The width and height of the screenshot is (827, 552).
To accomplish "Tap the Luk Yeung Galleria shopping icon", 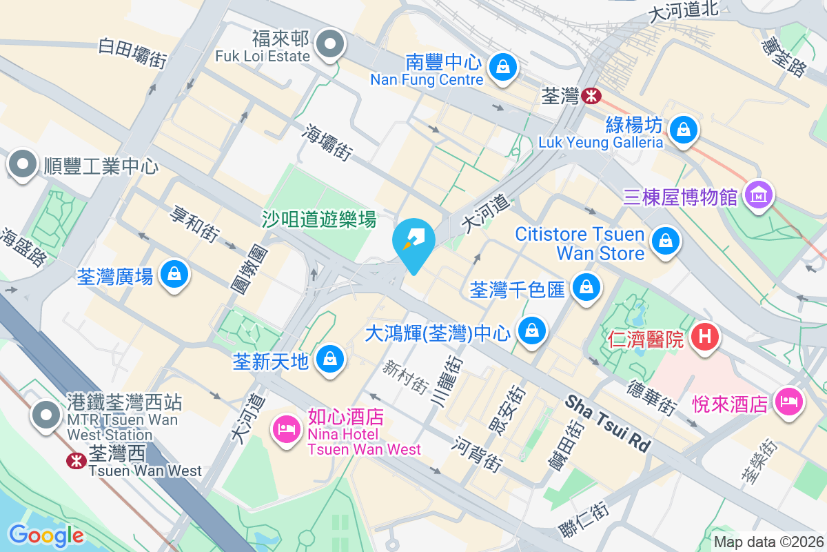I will coord(684,129).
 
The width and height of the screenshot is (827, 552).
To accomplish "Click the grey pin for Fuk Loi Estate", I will coord(331,44).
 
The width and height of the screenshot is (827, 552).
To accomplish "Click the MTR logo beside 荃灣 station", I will coord(590,97).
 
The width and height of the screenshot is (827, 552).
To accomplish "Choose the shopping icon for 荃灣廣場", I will coord(174,274).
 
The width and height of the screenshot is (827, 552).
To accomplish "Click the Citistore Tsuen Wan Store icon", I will coord(666,241).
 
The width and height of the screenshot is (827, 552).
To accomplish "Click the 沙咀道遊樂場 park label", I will coord(319,219).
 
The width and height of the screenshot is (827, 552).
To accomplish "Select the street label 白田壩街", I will coord(134,52).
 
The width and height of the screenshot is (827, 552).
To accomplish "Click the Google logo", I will coord(46,535).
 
